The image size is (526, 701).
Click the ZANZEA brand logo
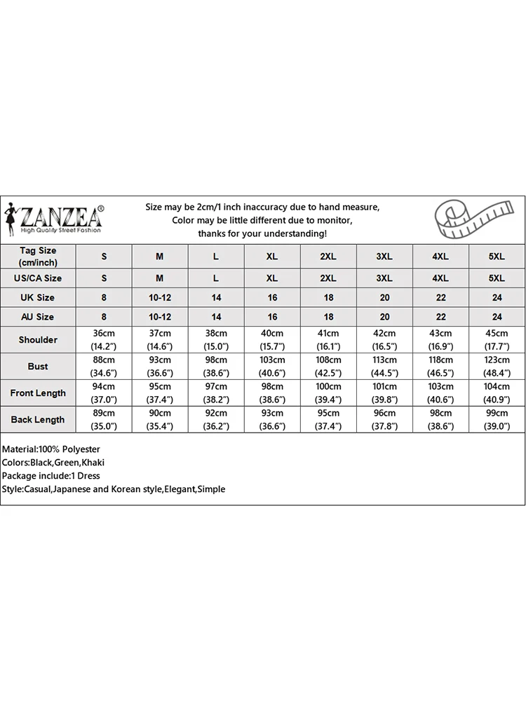(x=55, y=219)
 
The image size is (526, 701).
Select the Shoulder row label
(x=38, y=340)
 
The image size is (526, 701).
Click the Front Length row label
(x=38, y=393)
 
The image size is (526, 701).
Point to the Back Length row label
(x=38, y=420)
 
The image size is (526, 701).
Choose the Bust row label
(x=38, y=367)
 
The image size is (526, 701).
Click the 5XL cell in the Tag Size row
(x=497, y=257)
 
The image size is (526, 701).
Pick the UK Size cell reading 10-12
(x=160, y=298)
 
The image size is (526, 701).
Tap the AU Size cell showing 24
(x=497, y=317)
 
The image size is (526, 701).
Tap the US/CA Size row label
(x=38, y=278)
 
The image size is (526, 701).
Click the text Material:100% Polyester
(x=51, y=449)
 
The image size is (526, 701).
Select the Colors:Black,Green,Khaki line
(x=53, y=463)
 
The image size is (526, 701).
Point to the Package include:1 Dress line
(x=51, y=476)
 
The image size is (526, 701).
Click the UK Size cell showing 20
(x=384, y=298)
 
